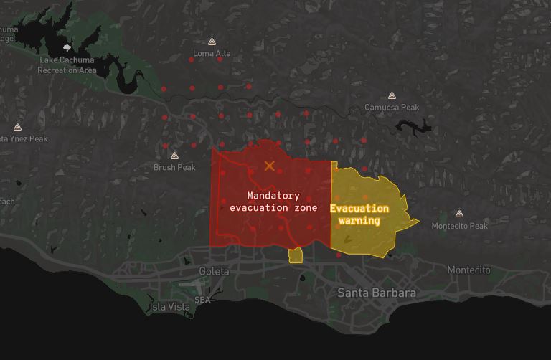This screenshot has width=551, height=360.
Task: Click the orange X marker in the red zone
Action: [269, 166]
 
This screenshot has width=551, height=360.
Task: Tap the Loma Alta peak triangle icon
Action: [212, 42]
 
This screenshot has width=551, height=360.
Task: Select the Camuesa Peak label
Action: [391, 108]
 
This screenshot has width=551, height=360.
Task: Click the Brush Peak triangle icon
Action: [174, 156]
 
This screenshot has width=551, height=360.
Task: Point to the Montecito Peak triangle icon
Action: [459, 214]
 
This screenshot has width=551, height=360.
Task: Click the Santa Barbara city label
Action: [377, 293]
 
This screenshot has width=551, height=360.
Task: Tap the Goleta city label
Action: [214, 271]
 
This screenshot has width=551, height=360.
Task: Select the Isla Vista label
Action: [170, 306]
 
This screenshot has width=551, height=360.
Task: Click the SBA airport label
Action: [202, 300]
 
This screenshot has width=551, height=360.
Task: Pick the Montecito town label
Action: [468, 270]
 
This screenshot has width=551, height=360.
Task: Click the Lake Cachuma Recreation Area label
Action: [67, 65]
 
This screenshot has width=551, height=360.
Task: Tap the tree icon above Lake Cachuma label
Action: [67, 48]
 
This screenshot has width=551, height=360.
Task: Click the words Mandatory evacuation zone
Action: [273, 202]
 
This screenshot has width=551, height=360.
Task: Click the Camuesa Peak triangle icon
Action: [392, 95]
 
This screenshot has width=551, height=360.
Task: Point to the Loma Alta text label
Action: [212, 54]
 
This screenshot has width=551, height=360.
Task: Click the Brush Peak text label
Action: [174, 167]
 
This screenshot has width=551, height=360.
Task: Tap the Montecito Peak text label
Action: [459, 226]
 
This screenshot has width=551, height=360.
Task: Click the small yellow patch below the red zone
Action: [295, 255]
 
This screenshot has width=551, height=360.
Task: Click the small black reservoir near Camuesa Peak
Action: [414, 127]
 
